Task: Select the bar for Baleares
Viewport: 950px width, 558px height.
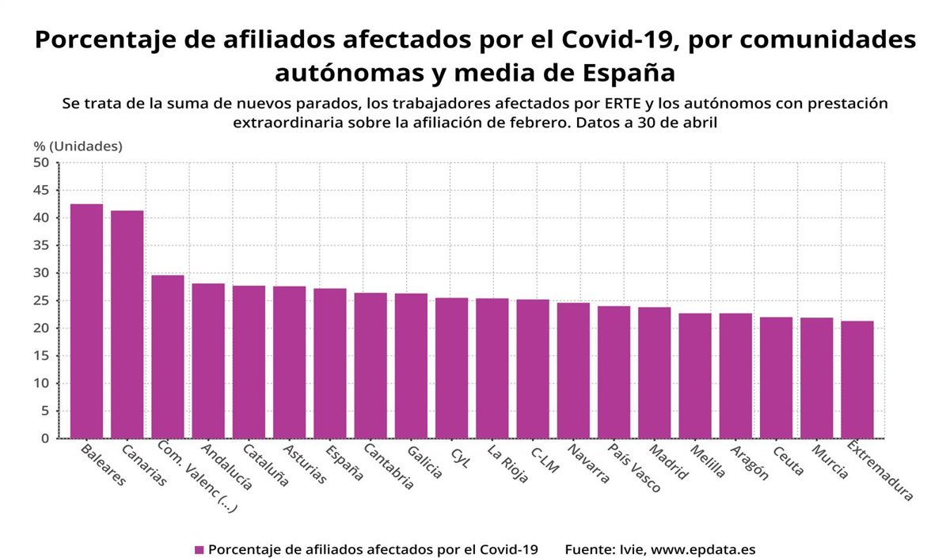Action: coord(86,321)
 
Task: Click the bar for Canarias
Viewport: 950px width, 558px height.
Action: coord(127,324)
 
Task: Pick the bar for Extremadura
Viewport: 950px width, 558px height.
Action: coord(857,379)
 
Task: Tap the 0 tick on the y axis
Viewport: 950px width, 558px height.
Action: coord(45,438)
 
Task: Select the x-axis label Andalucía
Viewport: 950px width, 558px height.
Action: coord(226,468)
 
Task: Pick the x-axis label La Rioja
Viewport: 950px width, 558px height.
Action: coord(507,464)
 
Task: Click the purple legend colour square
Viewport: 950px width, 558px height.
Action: coord(199,549)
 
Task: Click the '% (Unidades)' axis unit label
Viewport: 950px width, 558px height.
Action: coord(78,146)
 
